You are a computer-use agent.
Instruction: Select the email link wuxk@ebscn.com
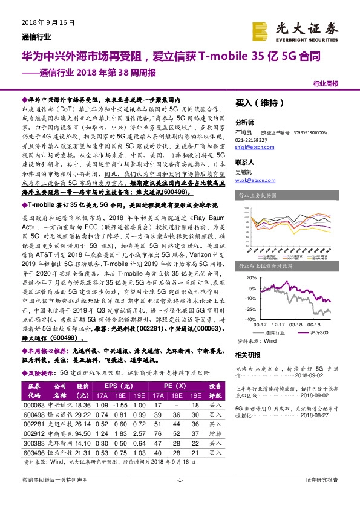coord(250,180)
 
